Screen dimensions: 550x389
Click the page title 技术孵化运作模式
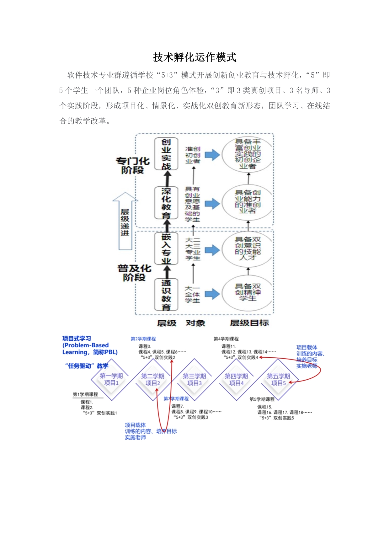[x=194, y=57]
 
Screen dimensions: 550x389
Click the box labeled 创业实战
[x=166, y=154]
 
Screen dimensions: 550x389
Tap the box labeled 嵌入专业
[x=166, y=248]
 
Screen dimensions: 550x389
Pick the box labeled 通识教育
[x=166, y=295]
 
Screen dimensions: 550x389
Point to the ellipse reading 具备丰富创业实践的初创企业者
[x=248, y=154]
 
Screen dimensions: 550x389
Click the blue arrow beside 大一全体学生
[x=212, y=294]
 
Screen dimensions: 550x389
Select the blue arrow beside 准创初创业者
[x=212, y=155]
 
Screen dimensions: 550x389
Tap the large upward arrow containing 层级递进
[x=125, y=221]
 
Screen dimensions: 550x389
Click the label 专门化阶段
[x=133, y=165]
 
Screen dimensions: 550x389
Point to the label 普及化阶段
[x=134, y=273]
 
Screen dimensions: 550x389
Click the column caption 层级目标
[x=249, y=323]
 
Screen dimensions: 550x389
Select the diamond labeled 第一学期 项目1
[x=111, y=379]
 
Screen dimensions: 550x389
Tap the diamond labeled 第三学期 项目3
[x=194, y=379]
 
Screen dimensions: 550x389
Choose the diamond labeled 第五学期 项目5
[x=278, y=379]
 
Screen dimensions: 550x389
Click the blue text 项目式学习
[x=77, y=339]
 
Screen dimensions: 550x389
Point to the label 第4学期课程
[x=226, y=339]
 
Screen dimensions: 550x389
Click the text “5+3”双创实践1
[x=100, y=413]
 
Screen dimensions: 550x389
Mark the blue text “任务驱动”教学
[x=87, y=366]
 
